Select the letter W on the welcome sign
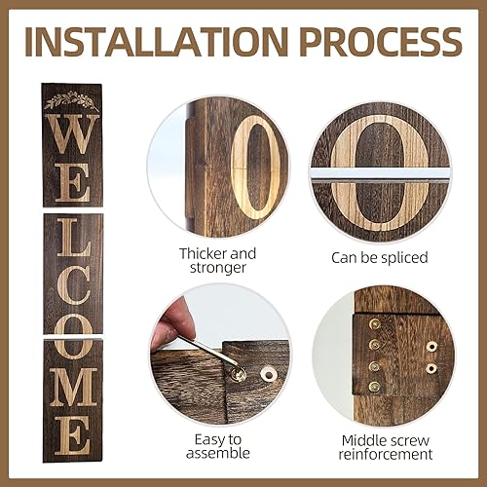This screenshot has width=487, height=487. (x=72, y=133)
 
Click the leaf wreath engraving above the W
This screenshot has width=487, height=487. (x=72, y=99)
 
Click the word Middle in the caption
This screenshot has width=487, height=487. (x=369, y=438)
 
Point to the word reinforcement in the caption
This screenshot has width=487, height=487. (x=384, y=454)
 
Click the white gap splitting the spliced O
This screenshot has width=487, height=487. (x=381, y=173)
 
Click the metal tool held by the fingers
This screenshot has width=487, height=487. (x=206, y=349)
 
